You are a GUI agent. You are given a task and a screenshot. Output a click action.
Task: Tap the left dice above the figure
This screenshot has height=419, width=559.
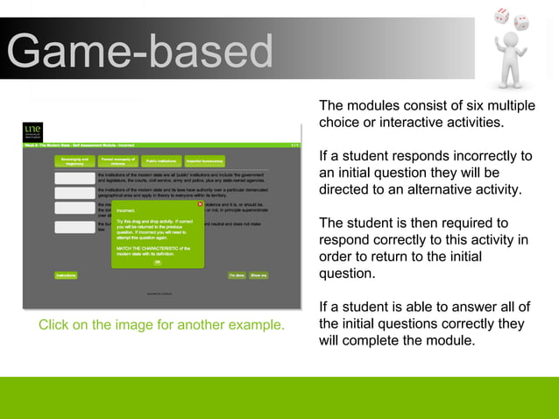(x=502, y=15)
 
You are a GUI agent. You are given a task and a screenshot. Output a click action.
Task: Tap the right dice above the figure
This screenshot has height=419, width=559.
(x=521, y=22)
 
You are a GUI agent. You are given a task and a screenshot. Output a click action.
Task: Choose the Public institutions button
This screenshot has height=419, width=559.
(x=161, y=162)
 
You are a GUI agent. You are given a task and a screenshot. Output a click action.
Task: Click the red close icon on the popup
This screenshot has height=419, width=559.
(x=200, y=204)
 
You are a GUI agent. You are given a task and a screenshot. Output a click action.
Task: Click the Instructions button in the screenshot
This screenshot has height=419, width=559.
(x=66, y=275)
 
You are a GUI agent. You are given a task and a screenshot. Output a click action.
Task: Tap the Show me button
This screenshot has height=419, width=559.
(x=258, y=275)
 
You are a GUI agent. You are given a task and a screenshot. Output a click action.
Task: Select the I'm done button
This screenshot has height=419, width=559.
(x=237, y=275)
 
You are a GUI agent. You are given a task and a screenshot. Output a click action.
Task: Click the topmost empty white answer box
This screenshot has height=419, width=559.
(x=74, y=178)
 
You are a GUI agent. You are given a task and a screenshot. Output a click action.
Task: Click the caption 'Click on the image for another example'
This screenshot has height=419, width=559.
(x=161, y=325)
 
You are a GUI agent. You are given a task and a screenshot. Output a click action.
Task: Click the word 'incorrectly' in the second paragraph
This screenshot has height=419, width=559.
(x=494, y=156)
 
